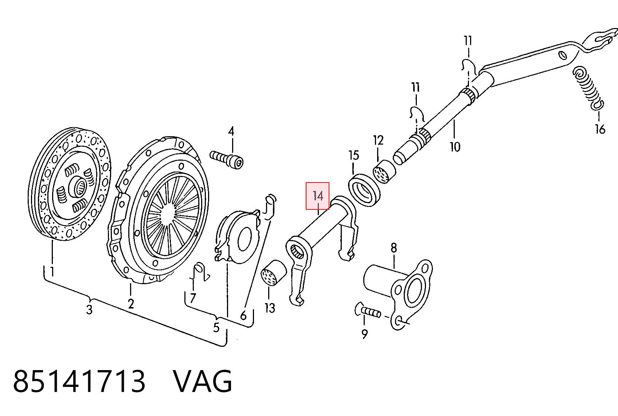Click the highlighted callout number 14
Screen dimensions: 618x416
pyautogui.click(x=318, y=196)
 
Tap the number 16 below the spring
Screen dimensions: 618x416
pyautogui.click(x=601, y=129)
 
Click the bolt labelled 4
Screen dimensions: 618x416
pyautogui.click(x=227, y=160)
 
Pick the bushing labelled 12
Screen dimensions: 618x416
pyautogui.click(x=384, y=172)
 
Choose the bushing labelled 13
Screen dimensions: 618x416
pyautogui.click(x=274, y=273)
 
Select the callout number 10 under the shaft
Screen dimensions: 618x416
pyautogui.click(x=455, y=146)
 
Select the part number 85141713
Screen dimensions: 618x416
pyautogui.click(x=79, y=381)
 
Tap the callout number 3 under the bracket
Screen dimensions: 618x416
pyautogui.click(x=89, y=310)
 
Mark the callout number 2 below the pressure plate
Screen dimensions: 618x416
pyautogui.click(x=131, y=304)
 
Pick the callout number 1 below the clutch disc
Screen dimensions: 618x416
pyautogui.click(x=52, y=271)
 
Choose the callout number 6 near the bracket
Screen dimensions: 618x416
pyautogui.click(x=243, y=315)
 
